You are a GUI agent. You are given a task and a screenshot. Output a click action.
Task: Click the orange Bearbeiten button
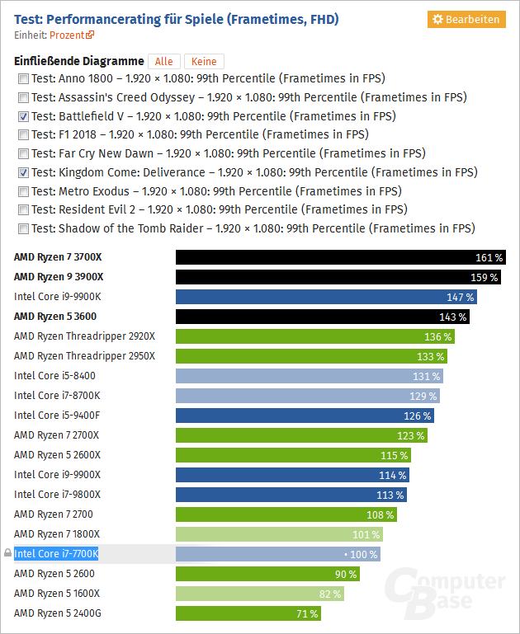pos(466,19)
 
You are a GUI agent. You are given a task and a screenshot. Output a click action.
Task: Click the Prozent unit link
pos(72,35)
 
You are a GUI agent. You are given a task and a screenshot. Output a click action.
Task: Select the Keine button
pos(204,62)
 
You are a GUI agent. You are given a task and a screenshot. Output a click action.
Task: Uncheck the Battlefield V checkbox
pos(23,116)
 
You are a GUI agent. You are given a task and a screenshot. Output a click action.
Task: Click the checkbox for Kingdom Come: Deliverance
pos(23,172)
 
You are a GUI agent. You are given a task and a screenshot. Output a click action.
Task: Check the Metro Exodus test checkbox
pos(23,191)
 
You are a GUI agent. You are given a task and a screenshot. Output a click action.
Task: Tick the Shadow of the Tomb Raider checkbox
pos(23,228)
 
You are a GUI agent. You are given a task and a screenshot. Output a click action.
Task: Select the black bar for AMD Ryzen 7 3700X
pos(340,257)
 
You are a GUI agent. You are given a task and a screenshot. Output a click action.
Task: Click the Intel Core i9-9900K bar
pos(326,297)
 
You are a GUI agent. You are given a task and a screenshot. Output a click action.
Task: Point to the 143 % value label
pos(452,317)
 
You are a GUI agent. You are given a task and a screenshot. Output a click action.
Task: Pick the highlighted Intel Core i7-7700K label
pos(56,554)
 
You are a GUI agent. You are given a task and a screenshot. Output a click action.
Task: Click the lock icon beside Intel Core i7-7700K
pos(7,554)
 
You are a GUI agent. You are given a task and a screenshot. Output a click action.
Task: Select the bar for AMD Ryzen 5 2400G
pos(248,613)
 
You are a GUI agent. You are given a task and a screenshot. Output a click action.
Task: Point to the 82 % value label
pos(329,594)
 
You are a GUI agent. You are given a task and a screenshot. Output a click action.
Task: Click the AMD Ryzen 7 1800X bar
pos(279,534)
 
